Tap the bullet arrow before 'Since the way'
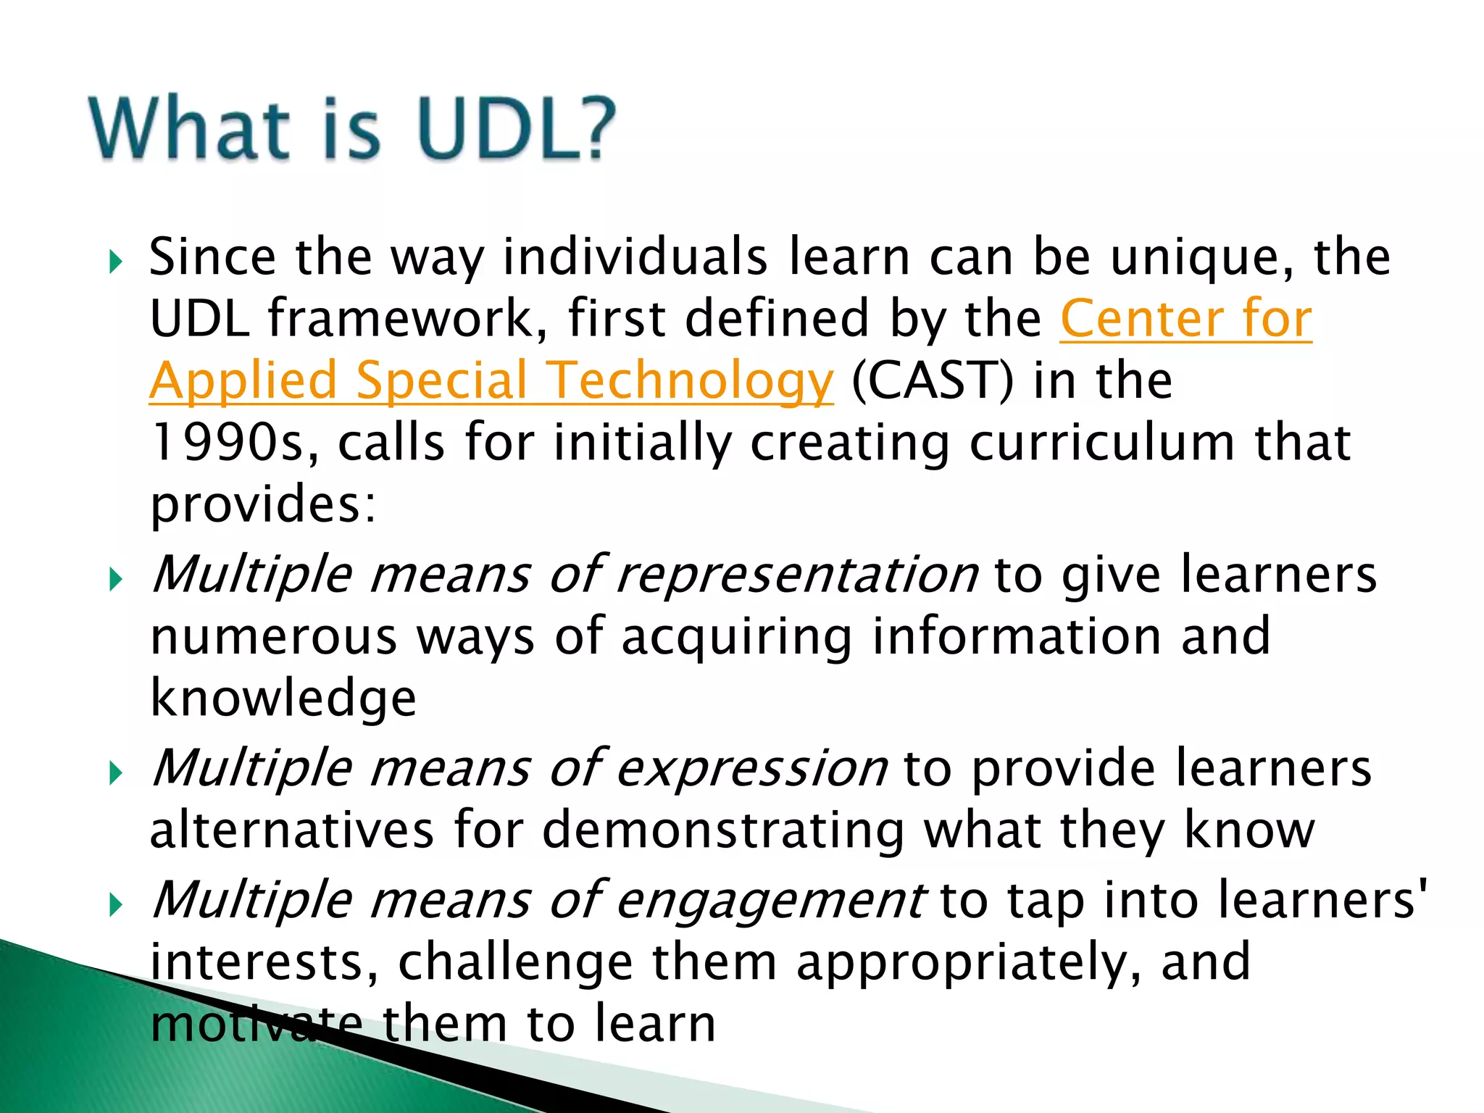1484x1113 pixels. [115, 262]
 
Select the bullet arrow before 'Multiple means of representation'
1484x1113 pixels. [115, 579]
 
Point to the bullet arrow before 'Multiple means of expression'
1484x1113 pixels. [115, 773]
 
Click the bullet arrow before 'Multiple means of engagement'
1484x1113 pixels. [115, 904]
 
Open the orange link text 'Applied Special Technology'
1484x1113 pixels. [491, 381]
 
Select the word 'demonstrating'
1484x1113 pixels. [723, 830]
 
